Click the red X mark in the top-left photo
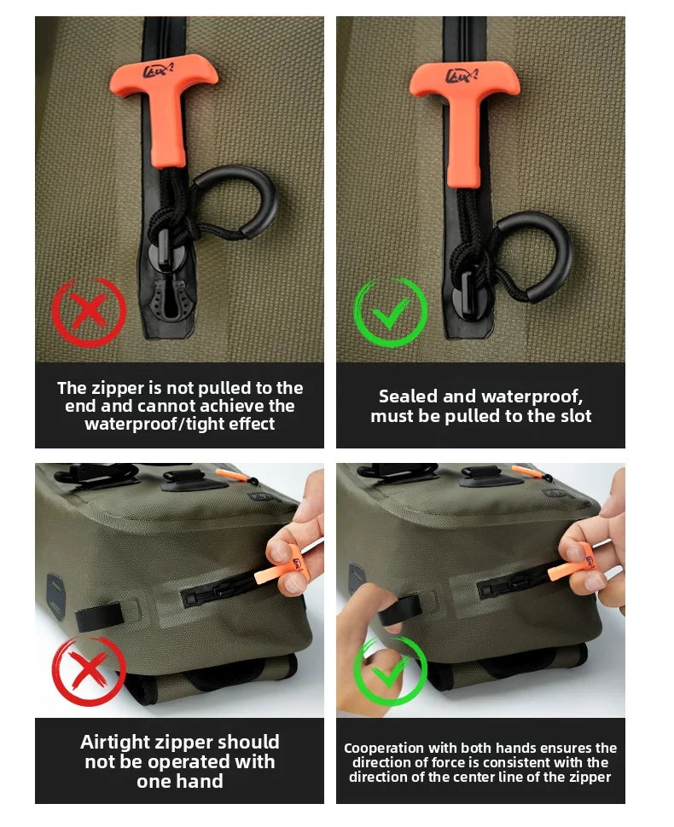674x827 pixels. click(89, 312)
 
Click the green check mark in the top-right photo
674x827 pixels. click(390, 312)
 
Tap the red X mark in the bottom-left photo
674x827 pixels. click(89, 670)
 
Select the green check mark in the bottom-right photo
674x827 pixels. click(390, 671)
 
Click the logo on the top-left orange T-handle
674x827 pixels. click(159, 70)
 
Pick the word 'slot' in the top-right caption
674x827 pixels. click(576, 416)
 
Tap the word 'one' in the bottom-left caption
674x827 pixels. click(154, 781)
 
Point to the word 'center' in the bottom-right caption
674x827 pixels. click(512, 777)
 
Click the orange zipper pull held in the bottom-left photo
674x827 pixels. click(281, 569)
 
